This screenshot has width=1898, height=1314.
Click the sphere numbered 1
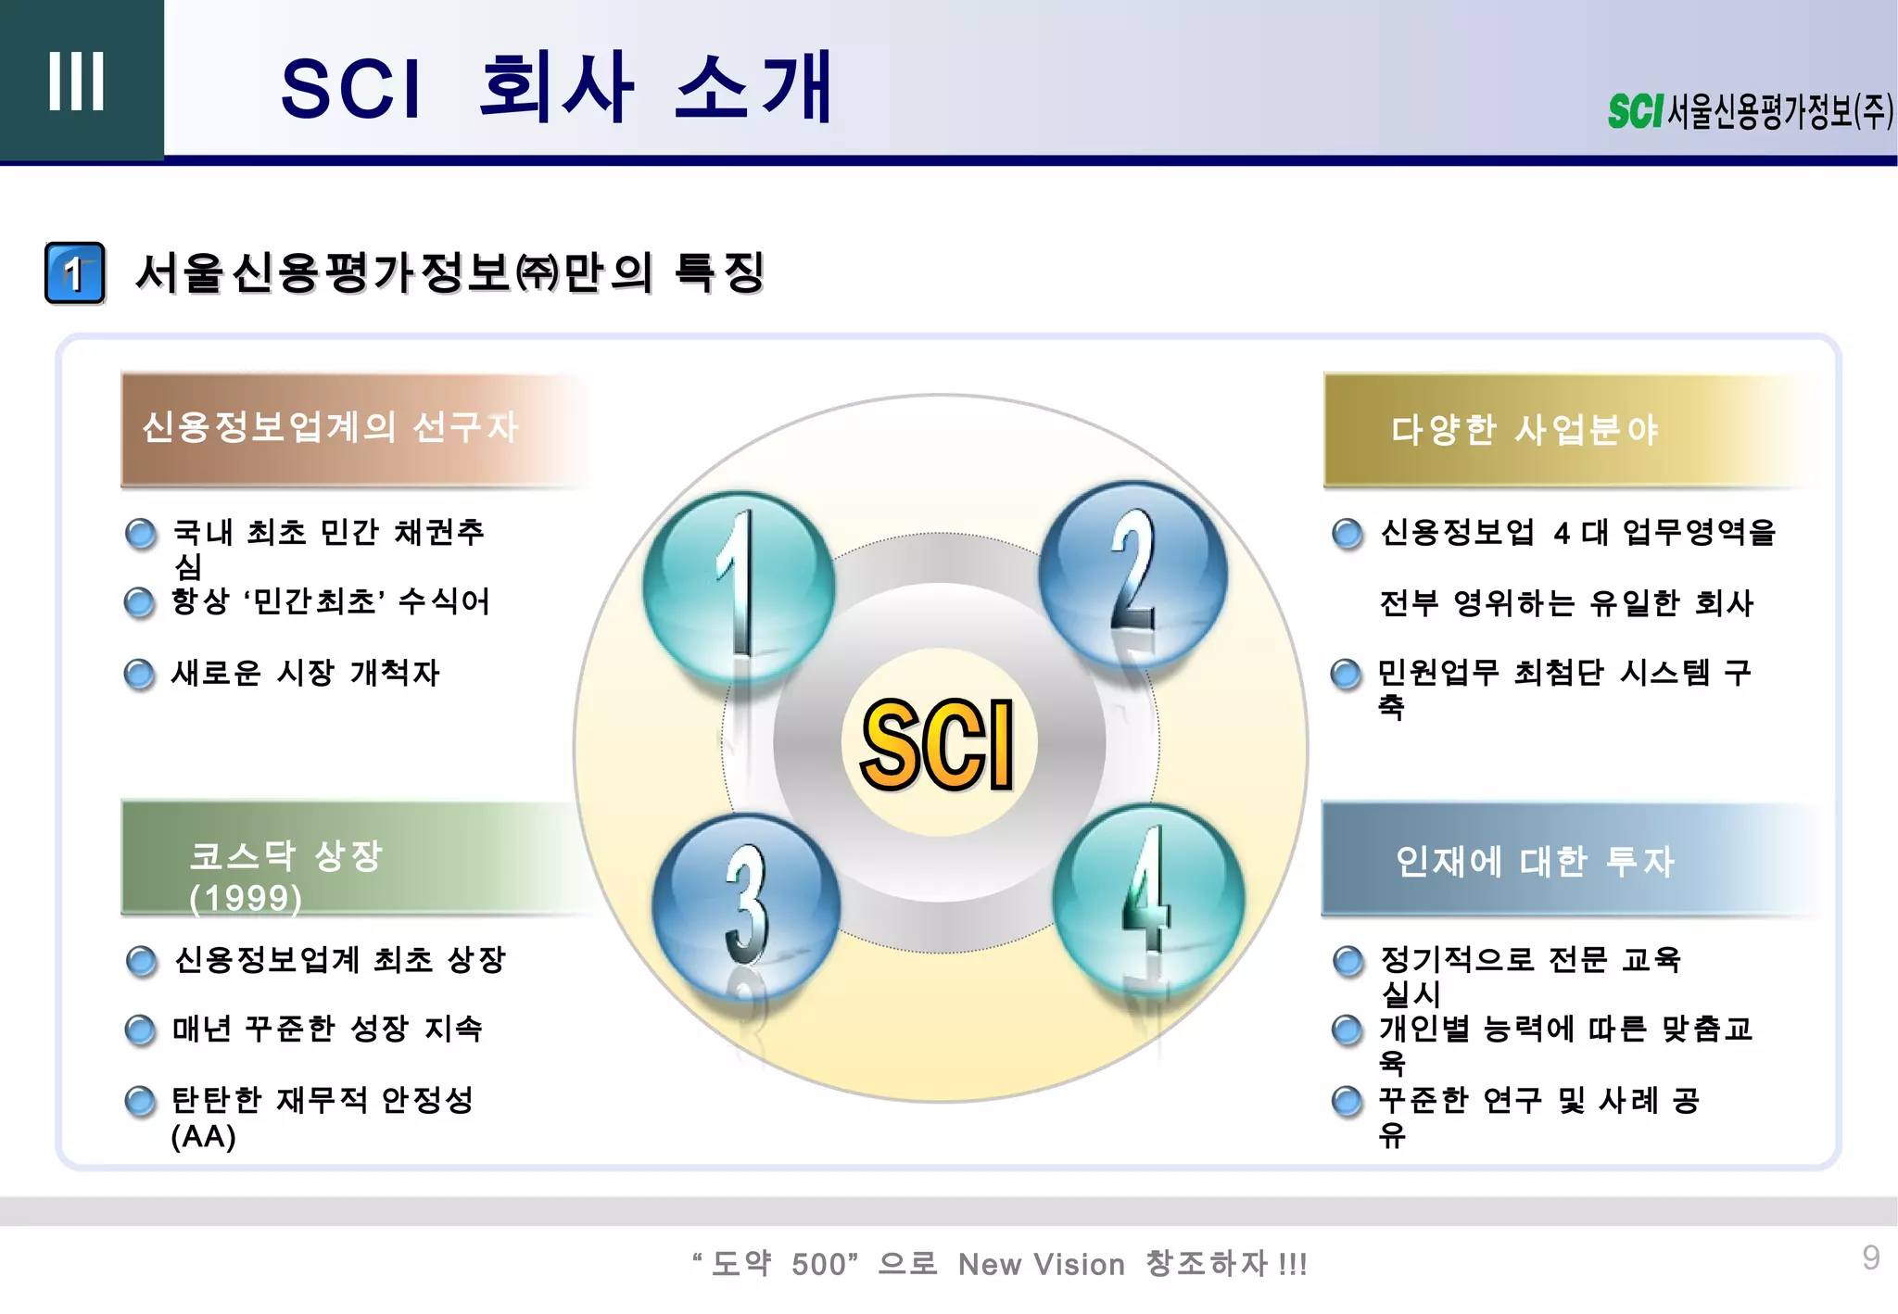pos(739,587)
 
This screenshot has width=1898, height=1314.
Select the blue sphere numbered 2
pos(1132,575)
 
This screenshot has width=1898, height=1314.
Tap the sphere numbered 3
pos(746,906)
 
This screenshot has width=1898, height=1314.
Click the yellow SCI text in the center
pos(938,744)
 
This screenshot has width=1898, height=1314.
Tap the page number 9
pos(1870,1257)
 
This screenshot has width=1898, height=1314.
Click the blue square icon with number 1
pos(75,273)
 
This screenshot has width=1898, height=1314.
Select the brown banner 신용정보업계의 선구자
pos(352,429)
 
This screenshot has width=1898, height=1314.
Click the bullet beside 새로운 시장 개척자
pos(139,674)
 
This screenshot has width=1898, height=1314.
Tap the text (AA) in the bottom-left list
pos(203,1137)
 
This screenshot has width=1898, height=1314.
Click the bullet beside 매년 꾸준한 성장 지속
pos(140,1030)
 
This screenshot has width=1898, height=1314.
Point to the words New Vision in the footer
pos(1041,1264)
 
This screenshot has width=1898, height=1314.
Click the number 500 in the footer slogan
pos(820,1264)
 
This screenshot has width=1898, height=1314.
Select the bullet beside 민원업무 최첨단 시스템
pos(1346,674)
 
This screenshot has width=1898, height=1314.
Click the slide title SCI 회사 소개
pos(556,88)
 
